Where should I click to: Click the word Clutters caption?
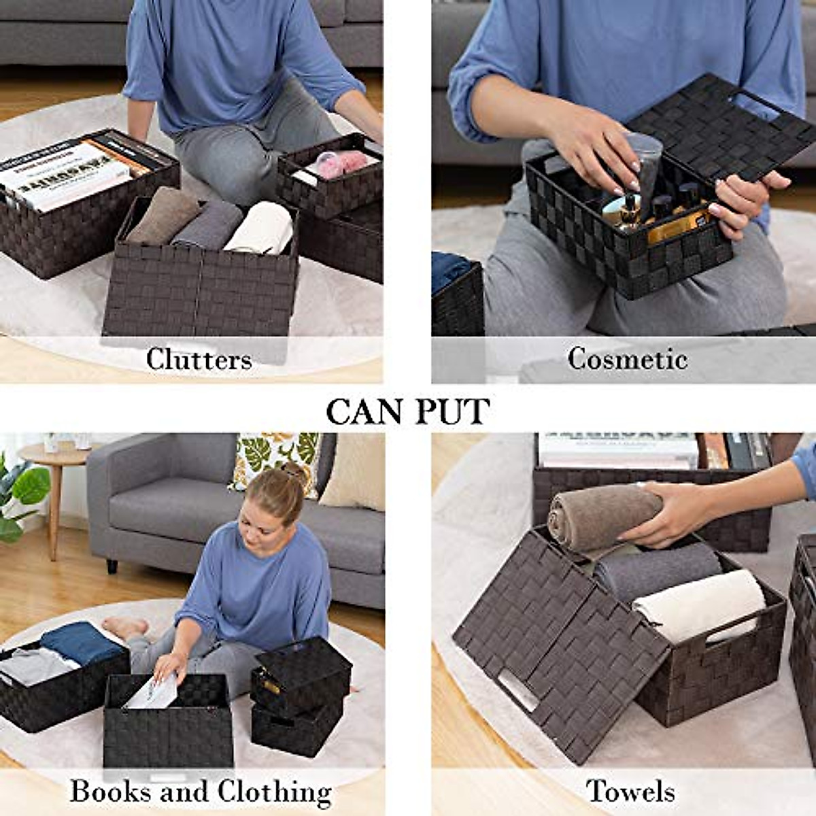click(199, 359)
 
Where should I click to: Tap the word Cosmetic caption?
click(627, 358)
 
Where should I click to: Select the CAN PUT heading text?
click(407, 411)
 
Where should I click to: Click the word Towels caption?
click(630, 791)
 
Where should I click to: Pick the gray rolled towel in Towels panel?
click(656, 568)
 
